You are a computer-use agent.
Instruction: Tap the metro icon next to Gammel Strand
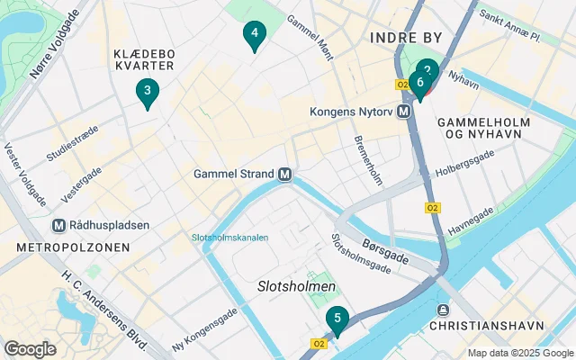point(284,174)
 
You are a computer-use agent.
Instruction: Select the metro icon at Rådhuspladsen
point(59,225)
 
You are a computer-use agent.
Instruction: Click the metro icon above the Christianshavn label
point(440,310)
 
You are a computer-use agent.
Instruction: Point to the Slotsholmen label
point(297,286)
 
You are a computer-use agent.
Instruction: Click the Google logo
point(31,348)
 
